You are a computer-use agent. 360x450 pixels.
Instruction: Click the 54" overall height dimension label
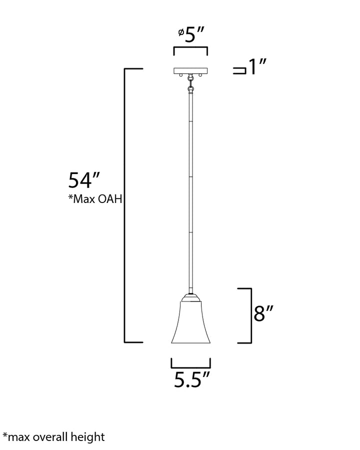pyautogui.click(x=83, y=180)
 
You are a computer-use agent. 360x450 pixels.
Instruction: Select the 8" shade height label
pyautogui.click(x=263, y=313)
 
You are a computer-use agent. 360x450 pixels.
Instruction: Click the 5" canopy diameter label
pyautogui.click(x=194, y=34)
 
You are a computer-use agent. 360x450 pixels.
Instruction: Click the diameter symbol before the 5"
pyautogui.click(x=181, y=32)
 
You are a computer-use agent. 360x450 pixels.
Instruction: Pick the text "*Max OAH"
pyautogui.click(x=95, y=199)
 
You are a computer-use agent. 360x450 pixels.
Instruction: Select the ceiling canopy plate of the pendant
pyautogui.click(x=190, y=70)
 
